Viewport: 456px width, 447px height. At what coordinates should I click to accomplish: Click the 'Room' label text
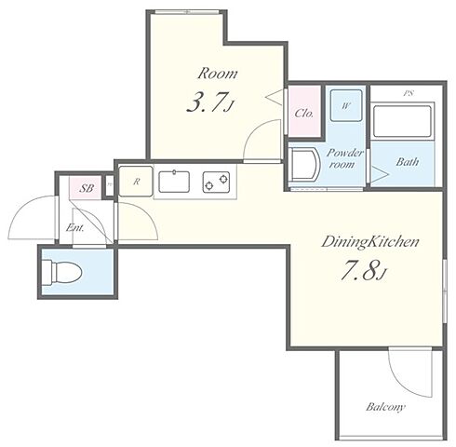218,74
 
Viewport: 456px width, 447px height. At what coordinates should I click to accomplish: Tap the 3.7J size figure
209,102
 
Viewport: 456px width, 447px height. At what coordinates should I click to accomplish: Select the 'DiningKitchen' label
370,242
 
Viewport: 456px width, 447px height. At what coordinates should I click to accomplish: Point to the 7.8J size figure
364,271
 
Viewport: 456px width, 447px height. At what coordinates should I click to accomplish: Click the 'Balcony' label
385,407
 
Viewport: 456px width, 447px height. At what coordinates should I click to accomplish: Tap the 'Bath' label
408,162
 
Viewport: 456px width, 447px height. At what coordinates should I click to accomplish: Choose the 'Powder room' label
344,158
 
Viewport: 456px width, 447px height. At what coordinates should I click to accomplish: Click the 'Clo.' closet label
304,114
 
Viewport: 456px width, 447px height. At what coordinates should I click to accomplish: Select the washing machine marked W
346,105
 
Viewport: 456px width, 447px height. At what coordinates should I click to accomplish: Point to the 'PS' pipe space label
409,93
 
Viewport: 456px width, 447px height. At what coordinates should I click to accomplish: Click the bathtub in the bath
403,122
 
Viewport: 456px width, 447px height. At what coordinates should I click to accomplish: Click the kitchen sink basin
174,182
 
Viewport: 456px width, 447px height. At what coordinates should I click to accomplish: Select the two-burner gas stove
216,183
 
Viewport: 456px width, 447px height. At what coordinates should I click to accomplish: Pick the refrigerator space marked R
136,182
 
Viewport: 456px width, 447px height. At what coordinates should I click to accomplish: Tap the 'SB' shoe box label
87,188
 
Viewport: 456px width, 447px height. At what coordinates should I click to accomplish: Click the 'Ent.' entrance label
75,228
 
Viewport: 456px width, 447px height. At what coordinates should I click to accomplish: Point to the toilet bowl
62,272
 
